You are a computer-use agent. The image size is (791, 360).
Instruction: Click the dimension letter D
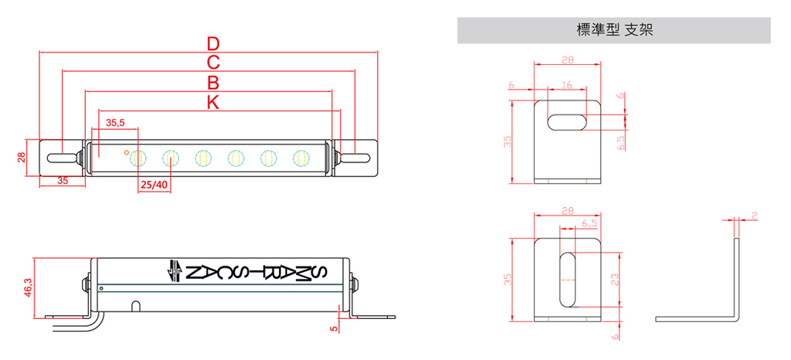tap(213, 44)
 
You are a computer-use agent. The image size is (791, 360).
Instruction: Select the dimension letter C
tap(213, 63)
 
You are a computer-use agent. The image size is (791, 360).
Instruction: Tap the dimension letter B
tap(213, 83)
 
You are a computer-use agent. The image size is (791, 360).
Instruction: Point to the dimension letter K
tap(213, 102)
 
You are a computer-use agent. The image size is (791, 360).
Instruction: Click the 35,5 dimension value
tap(116, 122)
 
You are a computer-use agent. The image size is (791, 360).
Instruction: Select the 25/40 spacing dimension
tap(154, 185)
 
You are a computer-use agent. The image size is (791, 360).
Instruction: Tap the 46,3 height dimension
tap(29, 287)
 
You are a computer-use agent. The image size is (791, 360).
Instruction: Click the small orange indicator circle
tap(126, 151)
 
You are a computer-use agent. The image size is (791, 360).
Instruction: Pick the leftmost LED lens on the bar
tap(137, 158)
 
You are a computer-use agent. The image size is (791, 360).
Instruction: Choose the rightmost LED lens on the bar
tap(300, 158)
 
